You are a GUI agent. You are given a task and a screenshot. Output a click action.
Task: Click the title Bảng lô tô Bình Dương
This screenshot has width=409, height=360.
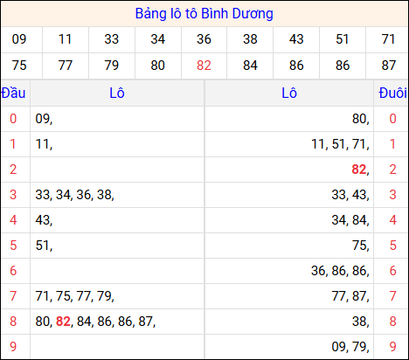(204, 14)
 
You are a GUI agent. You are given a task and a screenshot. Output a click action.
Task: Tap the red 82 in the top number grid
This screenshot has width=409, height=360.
(204, 65)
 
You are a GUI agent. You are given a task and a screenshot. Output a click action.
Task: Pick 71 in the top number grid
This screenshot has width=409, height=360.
(387, 38)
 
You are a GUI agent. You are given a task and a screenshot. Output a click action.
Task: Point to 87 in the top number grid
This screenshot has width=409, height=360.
(387, 65)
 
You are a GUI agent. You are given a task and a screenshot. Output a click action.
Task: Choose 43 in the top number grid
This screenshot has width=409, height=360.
(296, 38)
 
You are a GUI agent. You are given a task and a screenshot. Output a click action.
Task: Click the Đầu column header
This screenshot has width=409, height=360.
(13, 93)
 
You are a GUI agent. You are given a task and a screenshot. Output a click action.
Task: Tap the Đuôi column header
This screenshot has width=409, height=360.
(392, 93)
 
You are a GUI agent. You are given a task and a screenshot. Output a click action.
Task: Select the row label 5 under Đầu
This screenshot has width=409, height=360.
(13, 246)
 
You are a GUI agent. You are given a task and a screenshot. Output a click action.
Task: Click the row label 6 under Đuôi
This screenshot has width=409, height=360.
(392, 271)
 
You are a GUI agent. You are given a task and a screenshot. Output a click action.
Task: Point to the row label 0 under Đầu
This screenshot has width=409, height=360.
(13, 119)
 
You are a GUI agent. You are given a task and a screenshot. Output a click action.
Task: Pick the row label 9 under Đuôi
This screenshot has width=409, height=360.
(392, 347)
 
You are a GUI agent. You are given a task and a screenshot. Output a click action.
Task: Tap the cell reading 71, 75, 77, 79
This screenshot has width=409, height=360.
(74, 296)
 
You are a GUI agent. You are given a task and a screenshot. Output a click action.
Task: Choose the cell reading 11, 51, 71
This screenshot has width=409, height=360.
(340, 144)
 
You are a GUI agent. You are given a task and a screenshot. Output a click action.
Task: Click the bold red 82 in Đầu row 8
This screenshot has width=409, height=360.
(62, 322)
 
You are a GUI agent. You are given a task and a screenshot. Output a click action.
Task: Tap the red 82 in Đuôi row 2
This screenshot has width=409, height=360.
(358, 170)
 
